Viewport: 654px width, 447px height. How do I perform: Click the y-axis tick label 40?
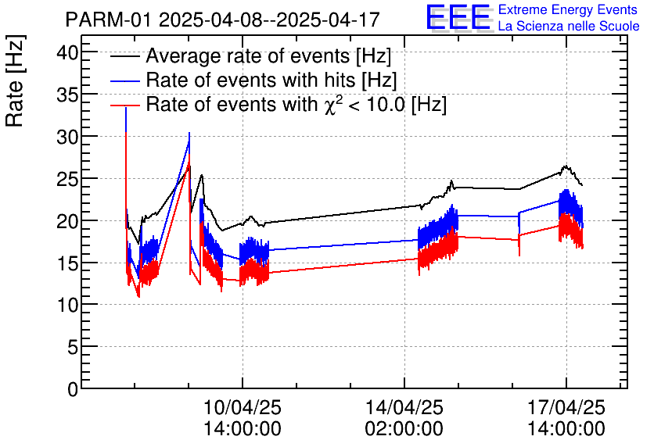click(69, 52)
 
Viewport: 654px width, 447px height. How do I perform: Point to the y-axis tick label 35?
click(69, 95)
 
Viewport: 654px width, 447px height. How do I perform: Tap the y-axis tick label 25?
click(69, 178)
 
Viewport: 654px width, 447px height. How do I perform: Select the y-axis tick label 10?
click(69, 304)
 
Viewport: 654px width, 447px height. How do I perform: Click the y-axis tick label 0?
click(73, 388)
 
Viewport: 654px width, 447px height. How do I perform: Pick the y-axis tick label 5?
click(73, 346)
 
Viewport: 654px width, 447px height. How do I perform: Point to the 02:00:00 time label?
click(404, 429)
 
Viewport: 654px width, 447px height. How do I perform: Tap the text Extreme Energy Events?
click(568, 10)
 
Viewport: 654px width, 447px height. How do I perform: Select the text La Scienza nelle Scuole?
click(568, 26)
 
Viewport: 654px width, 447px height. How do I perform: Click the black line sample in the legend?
click(124, 57)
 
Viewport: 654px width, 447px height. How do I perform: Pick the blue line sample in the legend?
click(124, 80)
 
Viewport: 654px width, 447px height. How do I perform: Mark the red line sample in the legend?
click(124, 104)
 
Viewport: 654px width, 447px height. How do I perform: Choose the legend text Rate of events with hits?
click(271, 80)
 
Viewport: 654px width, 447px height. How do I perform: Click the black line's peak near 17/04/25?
click(565, 166)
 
